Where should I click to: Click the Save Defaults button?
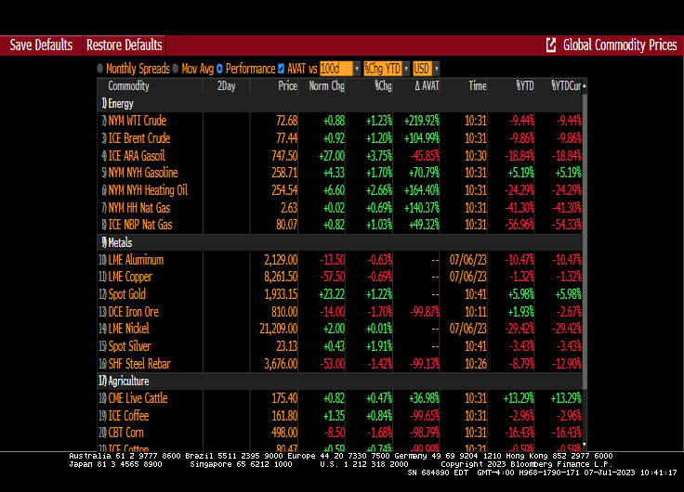[41, 45]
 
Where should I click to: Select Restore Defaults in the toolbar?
[124, 45]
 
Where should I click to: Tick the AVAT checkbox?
[282, 69]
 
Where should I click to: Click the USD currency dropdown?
[426, 69]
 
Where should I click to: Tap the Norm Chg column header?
[325, 86]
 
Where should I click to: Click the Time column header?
[477, 86]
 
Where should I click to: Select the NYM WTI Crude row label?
[137, 121]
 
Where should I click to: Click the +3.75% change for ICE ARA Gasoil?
[377, 156]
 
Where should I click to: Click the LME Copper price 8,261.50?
[281, 277]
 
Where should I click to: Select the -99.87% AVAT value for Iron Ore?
[423, 312]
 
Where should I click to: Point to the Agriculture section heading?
[127, 381]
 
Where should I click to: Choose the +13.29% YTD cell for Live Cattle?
[519, 398]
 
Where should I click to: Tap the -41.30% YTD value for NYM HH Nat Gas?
[519, 208]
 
